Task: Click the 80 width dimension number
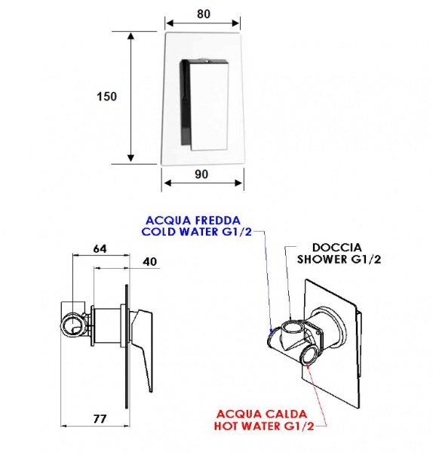point(204,14)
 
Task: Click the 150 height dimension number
point(107,97)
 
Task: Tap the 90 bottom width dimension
point(201,174)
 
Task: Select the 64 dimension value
point(100,248)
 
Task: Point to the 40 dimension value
point(150,261)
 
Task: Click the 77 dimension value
point(100,418)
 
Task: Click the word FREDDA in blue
point(218,220)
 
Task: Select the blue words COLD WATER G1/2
point(197,232)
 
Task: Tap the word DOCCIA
point(337,248)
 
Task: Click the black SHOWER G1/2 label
point(339,259)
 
